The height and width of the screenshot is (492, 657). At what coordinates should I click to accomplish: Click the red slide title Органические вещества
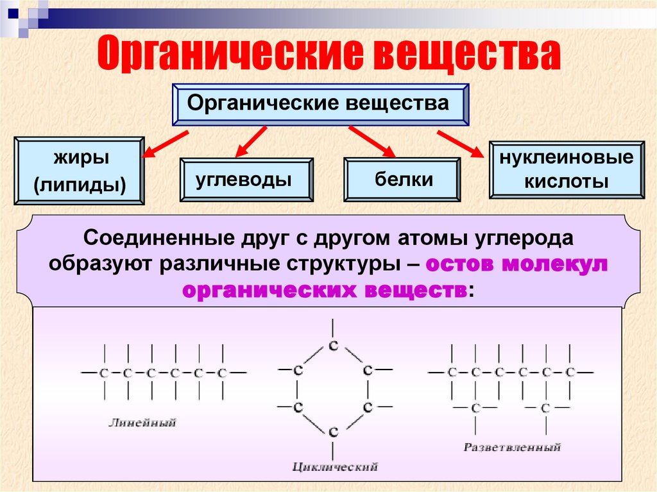coord(329,53)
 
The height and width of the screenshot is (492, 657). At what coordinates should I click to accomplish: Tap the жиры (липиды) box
coord(79,171)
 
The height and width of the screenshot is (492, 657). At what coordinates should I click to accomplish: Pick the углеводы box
coord(247,180)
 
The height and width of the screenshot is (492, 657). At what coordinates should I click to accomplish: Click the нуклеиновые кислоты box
coord(566,169)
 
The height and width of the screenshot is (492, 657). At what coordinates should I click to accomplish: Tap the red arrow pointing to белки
coord(371,142)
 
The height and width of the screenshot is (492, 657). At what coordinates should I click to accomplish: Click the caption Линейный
coord(142,422)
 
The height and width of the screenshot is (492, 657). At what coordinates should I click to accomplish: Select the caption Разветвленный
coord(512,446)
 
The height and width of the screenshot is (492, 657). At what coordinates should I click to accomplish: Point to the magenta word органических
coord(268,289)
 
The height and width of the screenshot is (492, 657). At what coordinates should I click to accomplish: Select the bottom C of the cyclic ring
coord(332,432)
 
